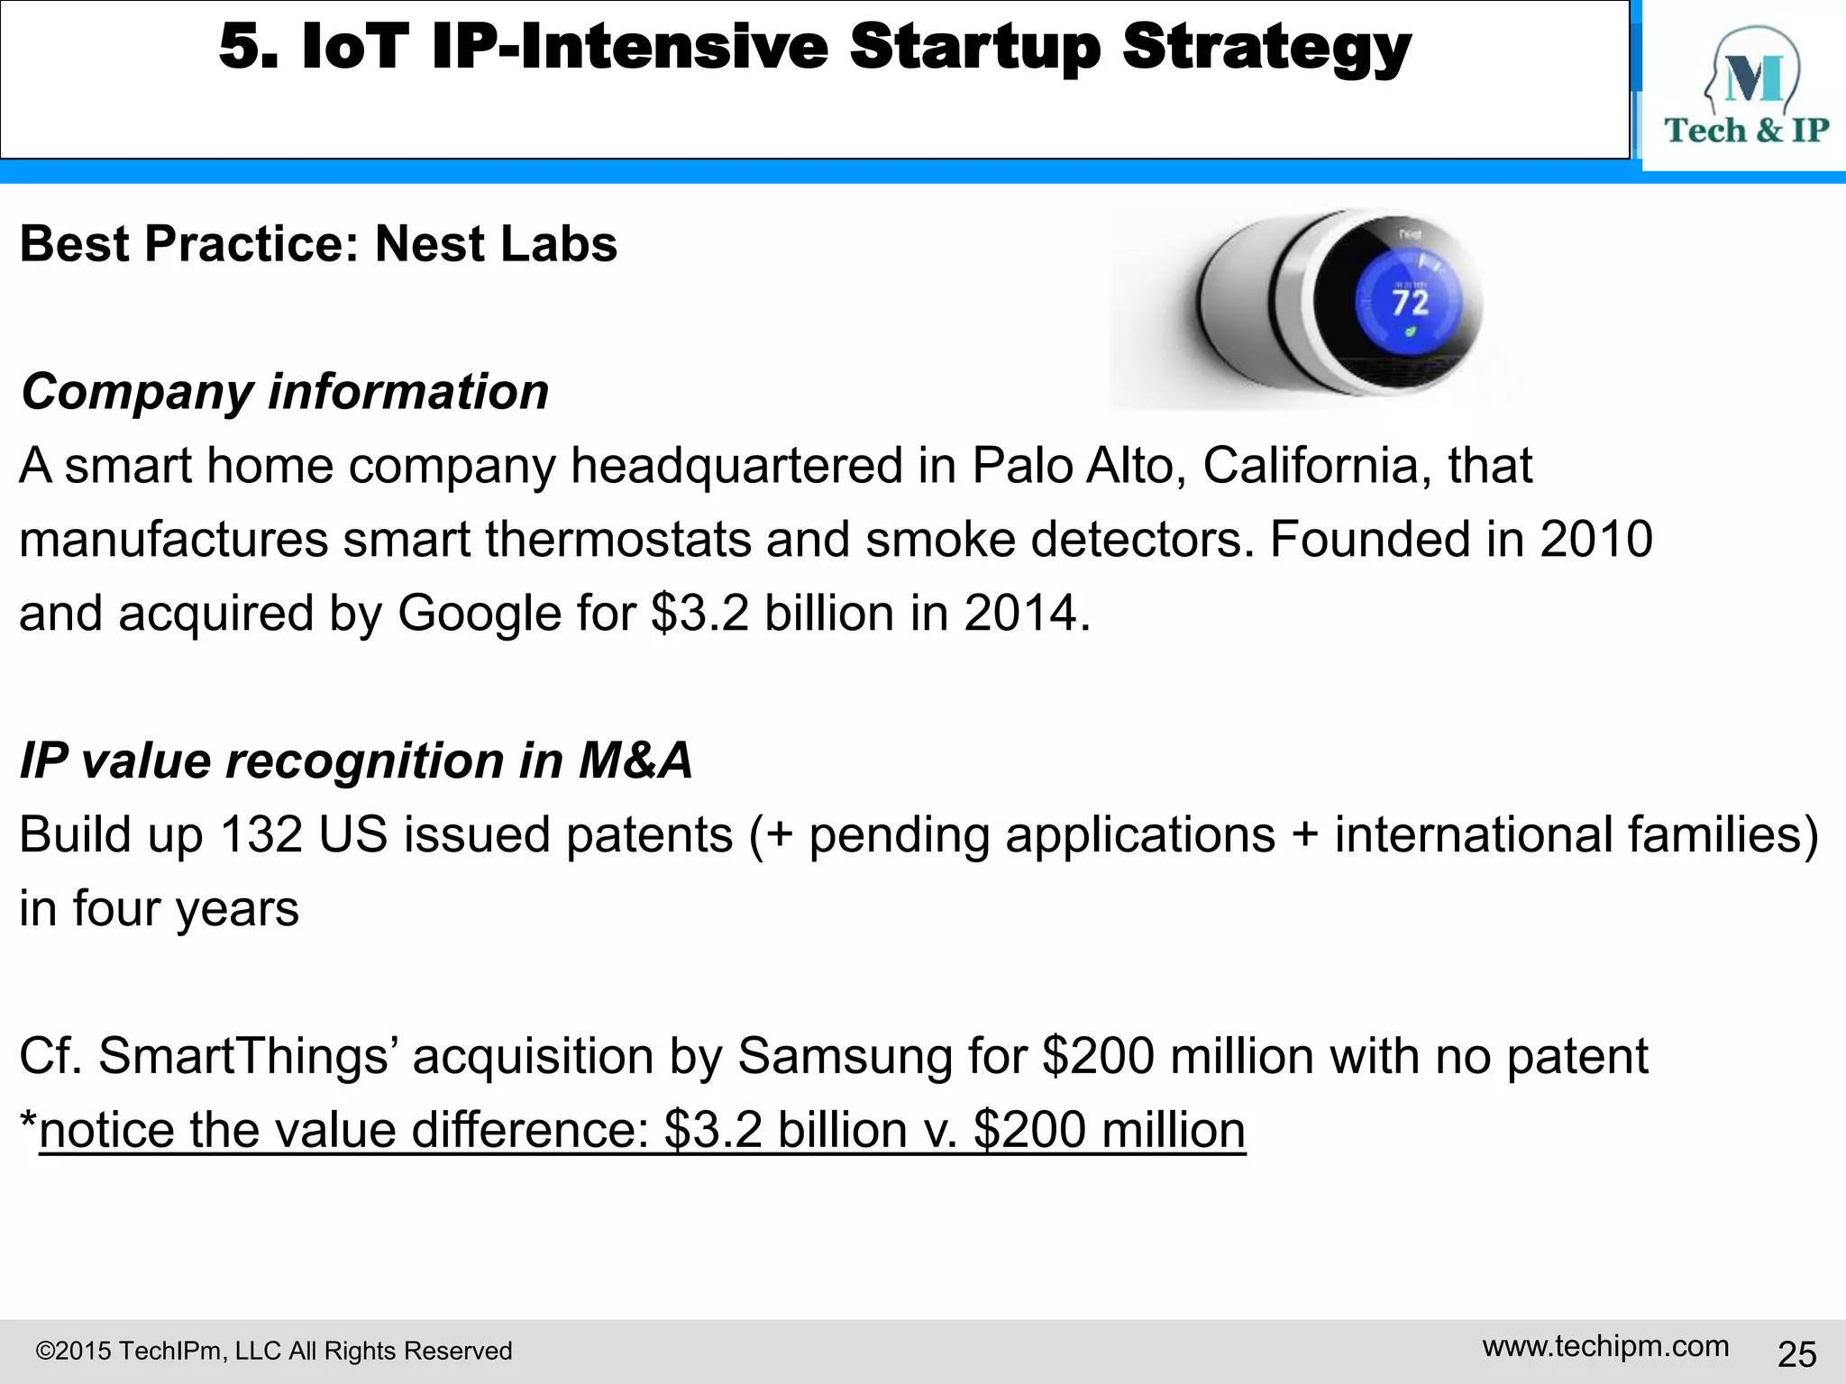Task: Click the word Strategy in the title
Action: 1266,49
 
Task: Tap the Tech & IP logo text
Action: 1746,131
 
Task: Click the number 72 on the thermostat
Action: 1410,302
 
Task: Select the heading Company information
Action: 285,392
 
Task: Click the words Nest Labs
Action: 496,244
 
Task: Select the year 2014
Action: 1019,614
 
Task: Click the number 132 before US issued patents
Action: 260,834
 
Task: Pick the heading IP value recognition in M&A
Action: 356,760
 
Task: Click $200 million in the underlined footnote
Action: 1109,1130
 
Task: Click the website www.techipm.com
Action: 1605,1346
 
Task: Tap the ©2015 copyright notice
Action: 273,1351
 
